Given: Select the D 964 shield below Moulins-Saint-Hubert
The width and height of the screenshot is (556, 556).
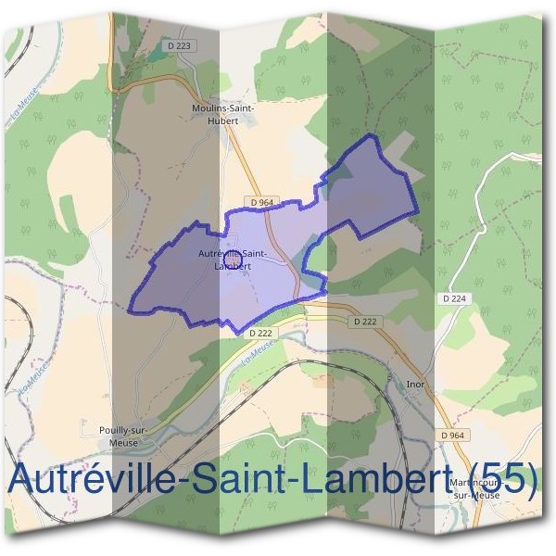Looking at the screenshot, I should tap(260, 202).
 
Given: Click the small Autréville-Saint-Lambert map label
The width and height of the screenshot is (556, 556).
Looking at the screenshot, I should tap(234, 259).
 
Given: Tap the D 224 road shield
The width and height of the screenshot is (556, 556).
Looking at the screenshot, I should tap(453, 298).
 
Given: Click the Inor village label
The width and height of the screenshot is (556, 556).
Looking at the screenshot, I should tap(414, 382).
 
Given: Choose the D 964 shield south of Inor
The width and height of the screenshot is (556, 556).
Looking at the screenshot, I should tap(452, 435).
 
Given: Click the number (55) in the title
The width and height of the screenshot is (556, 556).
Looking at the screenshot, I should tap(506, 478).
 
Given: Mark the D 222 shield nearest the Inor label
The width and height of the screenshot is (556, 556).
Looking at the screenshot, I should tap(366, 322).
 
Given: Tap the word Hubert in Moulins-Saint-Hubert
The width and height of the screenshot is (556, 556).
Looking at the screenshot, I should tap(223, 121).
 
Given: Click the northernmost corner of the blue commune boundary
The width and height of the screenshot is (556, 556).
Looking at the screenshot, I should tap(373, 136).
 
